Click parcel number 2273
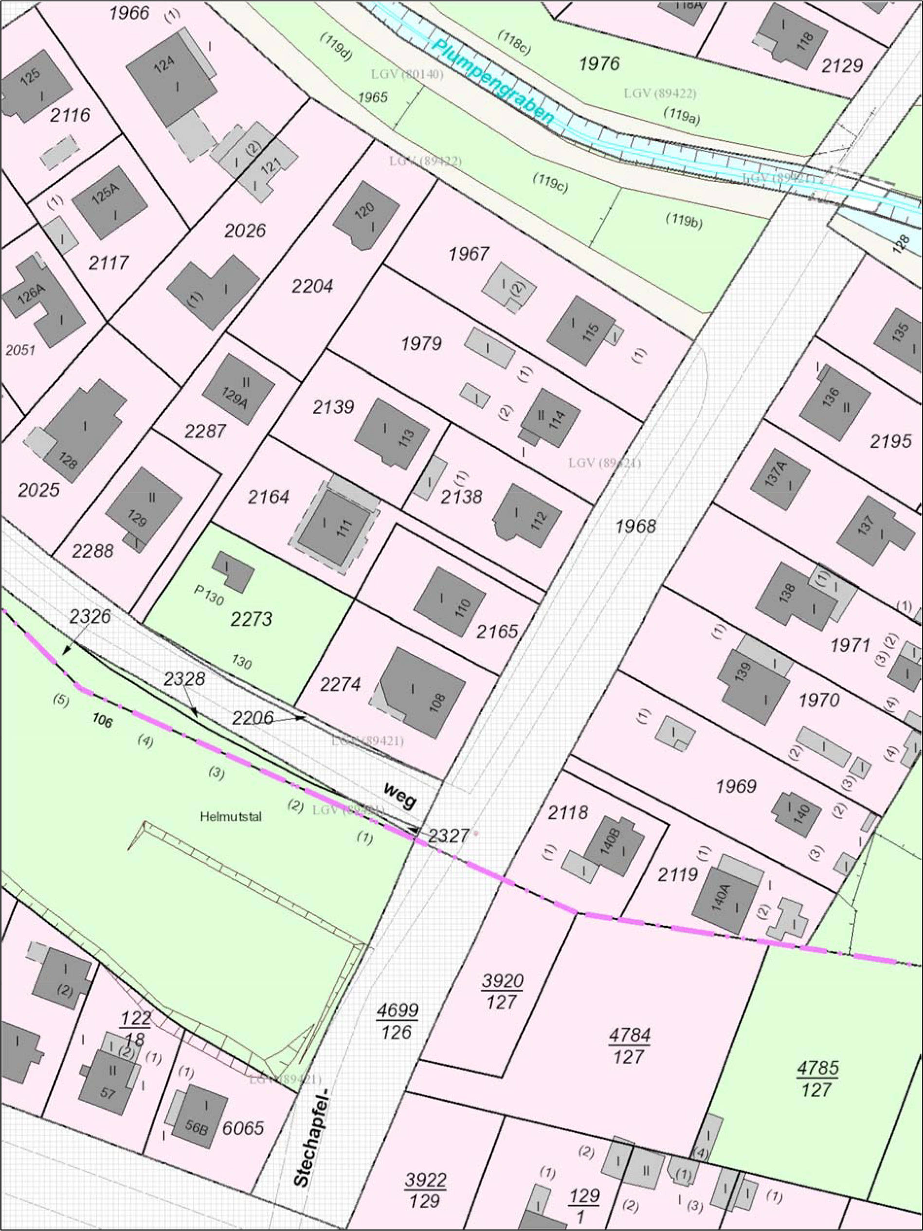click(252, 618)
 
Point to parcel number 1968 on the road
click(636, 526)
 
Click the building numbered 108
click(423, 693)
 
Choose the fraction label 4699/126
click(397, 1021)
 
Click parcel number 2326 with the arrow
click(90, 616)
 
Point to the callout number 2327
click(449, 835)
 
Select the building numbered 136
click(834, 402)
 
